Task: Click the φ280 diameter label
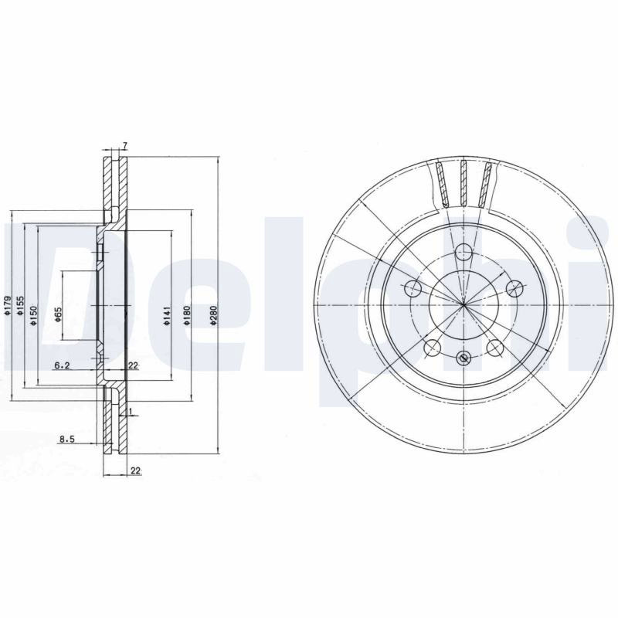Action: [213, 314]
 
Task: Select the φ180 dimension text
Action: [187, 315]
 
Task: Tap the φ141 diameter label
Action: [167, 315]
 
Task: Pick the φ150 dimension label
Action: [33, 315]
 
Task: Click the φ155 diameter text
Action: [21, 306]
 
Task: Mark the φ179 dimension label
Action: [7, 305]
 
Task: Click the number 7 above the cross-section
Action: [124, 146]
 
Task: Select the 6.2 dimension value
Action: [62, 365]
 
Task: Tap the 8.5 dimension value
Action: [67, 439]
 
